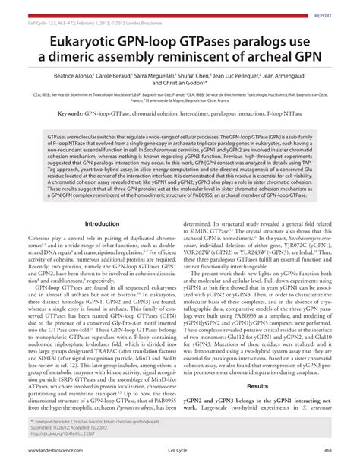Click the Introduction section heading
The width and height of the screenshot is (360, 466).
[101, 224]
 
